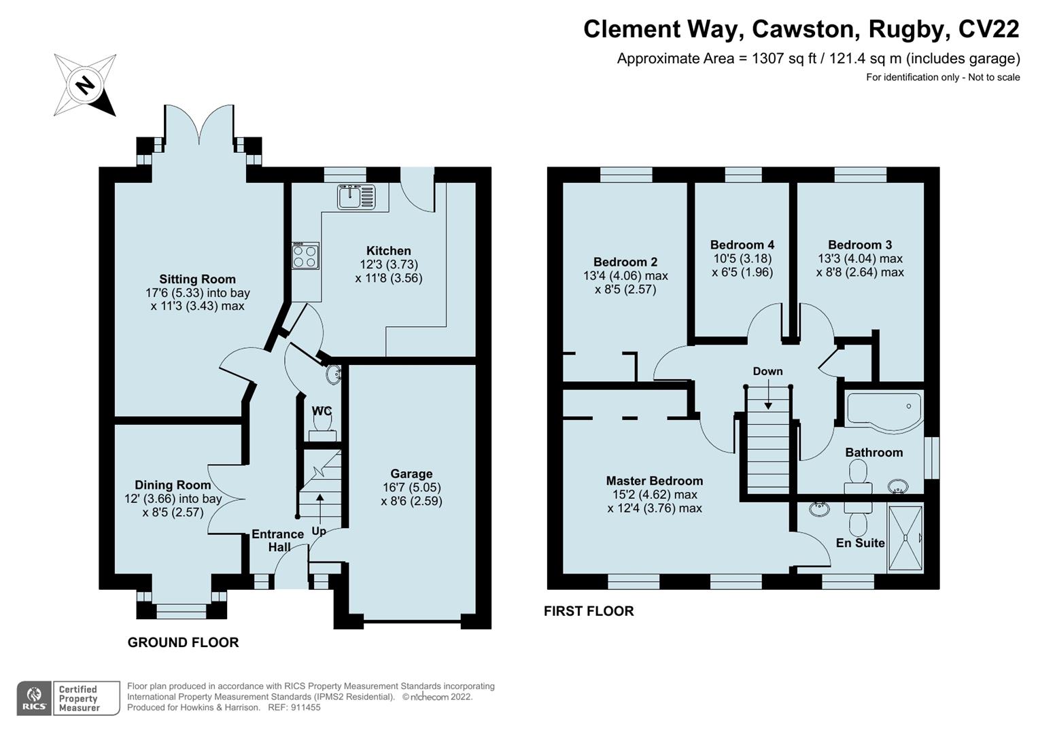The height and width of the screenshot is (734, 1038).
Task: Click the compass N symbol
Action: click(85, 85)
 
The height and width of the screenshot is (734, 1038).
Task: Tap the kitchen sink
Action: click(356, 196)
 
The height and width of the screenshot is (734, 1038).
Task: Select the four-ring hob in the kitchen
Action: click(305, 256)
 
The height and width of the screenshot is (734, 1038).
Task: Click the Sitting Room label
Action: click(197, 279)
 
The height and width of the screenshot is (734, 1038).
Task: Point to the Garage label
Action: click(411, 474)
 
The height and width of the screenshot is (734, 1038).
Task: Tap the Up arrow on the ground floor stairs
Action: click(319, 509)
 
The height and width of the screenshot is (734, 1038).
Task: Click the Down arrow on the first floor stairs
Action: click(768, 394)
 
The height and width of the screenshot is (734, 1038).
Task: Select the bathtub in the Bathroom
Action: click(884, 410)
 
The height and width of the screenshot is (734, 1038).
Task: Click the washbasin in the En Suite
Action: click(819, 509)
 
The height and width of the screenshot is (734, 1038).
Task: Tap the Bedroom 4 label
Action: click(742, 245)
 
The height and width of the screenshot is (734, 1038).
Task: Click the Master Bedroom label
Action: click(655, 480)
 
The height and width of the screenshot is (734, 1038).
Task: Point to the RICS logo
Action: click(34, 699)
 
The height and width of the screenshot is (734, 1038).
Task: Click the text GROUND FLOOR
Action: click(183, 642)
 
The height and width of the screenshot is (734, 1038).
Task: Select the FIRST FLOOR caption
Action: click(589, 611)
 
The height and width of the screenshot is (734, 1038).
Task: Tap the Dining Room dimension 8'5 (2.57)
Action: click(173, 512)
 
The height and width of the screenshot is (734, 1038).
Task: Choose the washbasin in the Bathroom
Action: click(898, 487)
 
